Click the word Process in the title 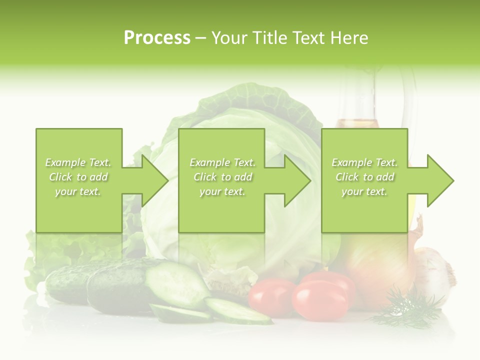tap(157, 37)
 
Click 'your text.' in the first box tap(78, 191)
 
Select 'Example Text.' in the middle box tap(222, 162)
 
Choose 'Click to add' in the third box tap(365, 177)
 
